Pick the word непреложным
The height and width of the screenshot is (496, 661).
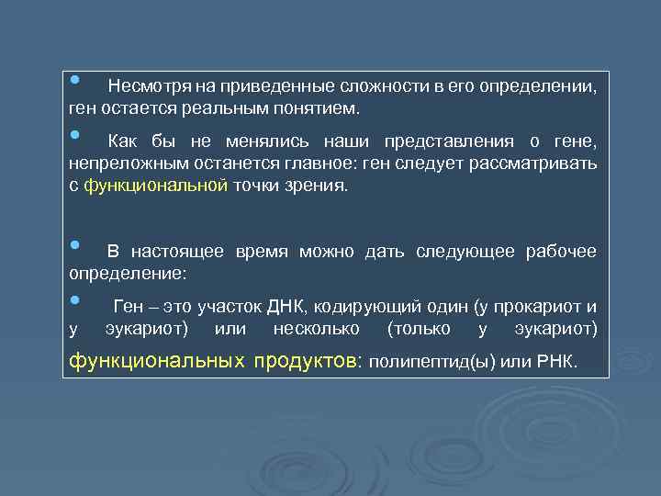[118, 163]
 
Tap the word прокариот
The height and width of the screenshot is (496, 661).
[536, 307]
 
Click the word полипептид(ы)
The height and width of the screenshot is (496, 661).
[431, 360]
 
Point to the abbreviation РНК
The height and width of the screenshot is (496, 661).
[557, 360]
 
